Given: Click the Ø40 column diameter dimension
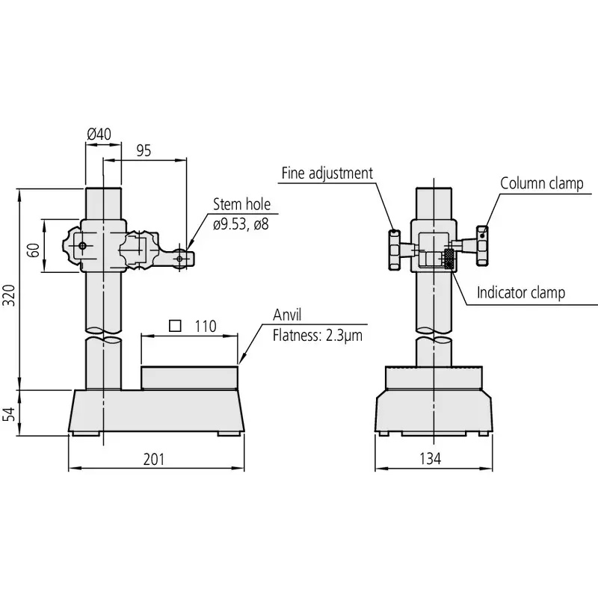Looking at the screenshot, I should point(99,134).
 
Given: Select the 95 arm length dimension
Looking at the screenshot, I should point(144,150).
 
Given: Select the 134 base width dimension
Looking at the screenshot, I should point(431,458).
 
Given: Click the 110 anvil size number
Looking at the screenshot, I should point(205,326).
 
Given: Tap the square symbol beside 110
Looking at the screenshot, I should point(176,325).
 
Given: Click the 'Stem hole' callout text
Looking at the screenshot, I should point(241,204).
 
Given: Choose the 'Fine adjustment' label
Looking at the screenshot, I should point(327,173).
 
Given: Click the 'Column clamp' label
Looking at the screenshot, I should point(541,183).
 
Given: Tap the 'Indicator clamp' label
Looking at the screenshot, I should point(521,292).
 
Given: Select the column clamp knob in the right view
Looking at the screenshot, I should point(483,245).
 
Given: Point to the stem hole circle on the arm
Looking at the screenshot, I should point(181,259).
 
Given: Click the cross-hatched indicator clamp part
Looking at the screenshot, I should point(449,259).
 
